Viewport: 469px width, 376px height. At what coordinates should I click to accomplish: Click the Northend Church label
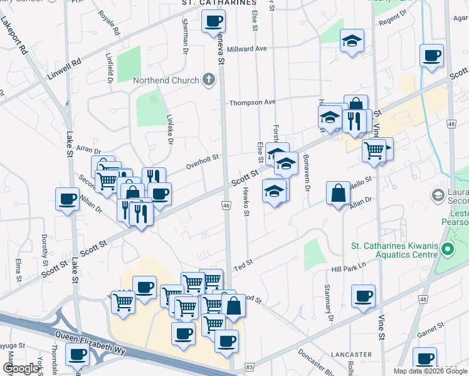click(x=166, y=80)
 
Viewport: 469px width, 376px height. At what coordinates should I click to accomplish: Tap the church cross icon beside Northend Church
click(x=208, y=80)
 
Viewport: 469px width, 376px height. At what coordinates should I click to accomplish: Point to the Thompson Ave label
click(x=252, y=102)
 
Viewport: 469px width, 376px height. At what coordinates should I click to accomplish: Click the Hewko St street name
click(x=246, y=204)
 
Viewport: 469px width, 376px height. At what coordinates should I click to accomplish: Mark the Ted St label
click(x=243, y=264)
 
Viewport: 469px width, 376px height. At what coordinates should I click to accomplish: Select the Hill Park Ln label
click(x=348, y=268)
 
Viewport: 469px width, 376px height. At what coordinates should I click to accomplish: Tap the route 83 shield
click(x=250, y=367)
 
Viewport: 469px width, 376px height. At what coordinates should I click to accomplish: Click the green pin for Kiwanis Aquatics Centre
click(x=447, y=250)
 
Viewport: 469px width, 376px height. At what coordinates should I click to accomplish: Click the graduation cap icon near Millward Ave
click(x=352, y=41)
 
